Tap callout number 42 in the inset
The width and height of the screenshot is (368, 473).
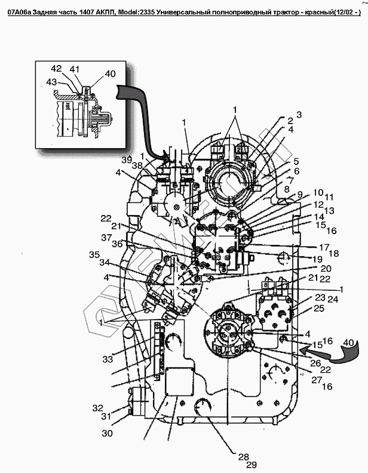point(56,69)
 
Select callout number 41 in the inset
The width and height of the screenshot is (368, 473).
point(75,69)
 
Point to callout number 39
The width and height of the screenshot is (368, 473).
point(125,160)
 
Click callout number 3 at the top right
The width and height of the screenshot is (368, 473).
point(299,114)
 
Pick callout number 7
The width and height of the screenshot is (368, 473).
point(290,179)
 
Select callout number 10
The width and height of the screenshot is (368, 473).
point(318,192)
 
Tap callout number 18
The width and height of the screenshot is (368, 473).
point(334,253)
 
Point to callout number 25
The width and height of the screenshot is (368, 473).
point(318,308)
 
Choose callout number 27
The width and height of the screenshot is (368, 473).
point(316,379)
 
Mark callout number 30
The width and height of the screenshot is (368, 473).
point(108,434)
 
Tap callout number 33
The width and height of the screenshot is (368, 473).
point(107,360)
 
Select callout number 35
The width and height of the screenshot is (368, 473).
point(95,255)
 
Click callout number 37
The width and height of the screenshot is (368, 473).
point(106,238)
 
